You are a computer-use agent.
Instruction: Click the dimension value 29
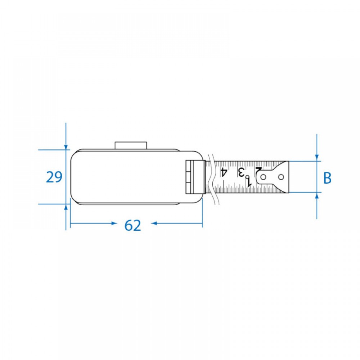(x=54, y=177)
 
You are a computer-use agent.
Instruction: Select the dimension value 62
(x=133, y=225)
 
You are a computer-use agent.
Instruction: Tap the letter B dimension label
(x=327, y=178)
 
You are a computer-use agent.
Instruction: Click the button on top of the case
(x=131, y=145)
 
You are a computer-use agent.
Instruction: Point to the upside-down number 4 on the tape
(x=224, y=172)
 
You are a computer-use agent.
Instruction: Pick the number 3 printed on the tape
(x=241, y=172)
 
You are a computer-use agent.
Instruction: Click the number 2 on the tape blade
(x=258, y=171)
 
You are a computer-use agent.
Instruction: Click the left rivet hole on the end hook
(x=264, y=177)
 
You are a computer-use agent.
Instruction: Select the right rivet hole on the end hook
(x=281, y=177)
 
